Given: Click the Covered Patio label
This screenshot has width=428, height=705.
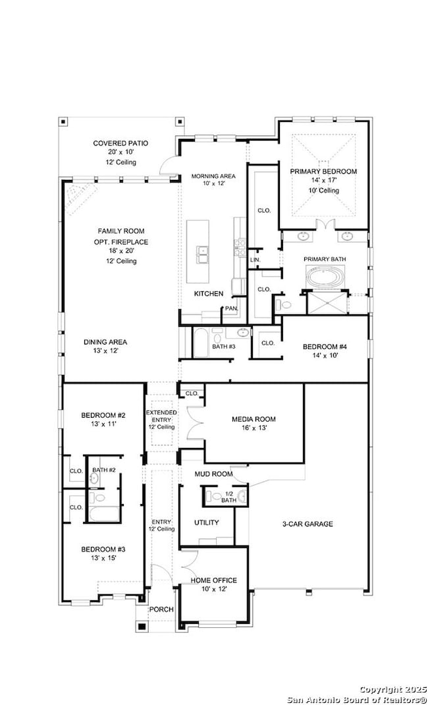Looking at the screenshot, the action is tap(120, 144).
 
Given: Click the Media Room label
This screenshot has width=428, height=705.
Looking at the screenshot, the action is tap(254, 419).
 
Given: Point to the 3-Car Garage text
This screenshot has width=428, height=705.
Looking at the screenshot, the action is tap(308, 524).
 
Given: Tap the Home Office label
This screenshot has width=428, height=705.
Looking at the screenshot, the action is tap(214, 580).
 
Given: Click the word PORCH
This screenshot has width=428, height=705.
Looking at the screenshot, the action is tap(161, 609).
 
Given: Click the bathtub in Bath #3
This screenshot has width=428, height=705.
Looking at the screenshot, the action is tap(201, 343).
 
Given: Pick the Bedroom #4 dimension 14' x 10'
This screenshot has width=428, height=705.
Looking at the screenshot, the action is tap(325, 355).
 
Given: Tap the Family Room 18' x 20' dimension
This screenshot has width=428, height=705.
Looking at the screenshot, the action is tap(121, 251).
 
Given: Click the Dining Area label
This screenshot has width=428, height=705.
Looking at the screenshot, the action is tap(105, 342).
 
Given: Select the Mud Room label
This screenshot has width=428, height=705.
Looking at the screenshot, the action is tap(214, 474).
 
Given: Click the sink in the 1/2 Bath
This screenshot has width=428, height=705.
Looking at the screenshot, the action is tap(242, 496).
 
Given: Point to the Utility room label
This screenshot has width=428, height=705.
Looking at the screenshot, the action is tap(207, 522).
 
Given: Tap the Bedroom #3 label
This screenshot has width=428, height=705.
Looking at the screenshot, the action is tap(103, 550).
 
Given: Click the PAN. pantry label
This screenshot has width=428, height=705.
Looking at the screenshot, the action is tap(231, 308).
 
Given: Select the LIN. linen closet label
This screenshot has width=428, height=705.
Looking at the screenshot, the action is tap(255, 260).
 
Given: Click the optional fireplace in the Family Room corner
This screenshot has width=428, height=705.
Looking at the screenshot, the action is tap(79, 197).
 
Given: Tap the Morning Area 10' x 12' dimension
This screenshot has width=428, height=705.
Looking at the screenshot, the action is tap(213, 183).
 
